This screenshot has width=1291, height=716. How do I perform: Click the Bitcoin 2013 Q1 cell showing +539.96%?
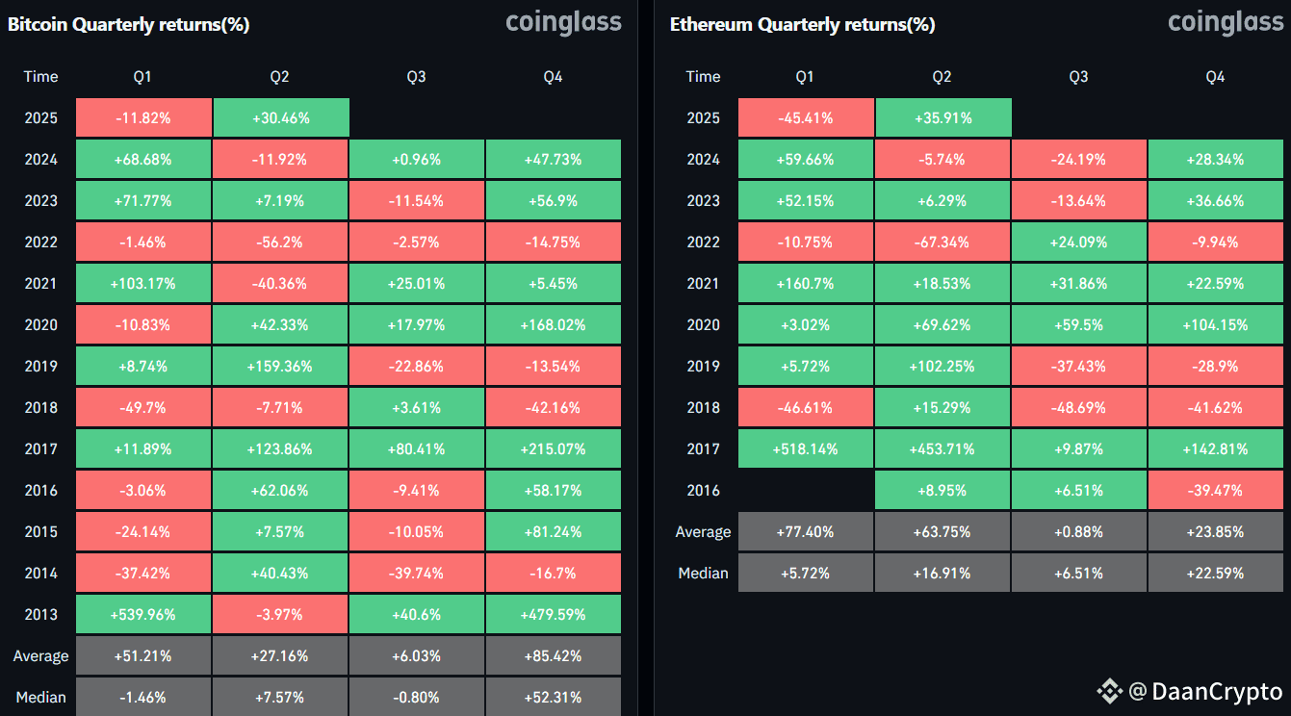(143, 614)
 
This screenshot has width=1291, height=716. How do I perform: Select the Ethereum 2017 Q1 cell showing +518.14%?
(806, 448)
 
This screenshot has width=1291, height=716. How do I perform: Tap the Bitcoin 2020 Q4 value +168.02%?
(554, 325)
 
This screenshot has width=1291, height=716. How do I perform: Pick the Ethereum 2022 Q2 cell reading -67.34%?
(942, 242)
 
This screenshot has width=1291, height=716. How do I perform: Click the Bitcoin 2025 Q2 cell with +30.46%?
(281, 117)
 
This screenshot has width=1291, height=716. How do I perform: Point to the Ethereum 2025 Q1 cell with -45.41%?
(806, 117)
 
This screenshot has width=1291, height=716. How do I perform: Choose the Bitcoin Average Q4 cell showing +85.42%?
(554, 655)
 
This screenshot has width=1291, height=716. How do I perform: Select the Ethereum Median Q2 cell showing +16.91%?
(942, 574)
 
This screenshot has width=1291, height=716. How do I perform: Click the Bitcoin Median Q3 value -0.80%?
(417, 697)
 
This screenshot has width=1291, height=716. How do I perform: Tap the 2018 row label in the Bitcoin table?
(41, 408)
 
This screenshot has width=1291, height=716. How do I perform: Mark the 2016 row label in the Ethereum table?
(703, 490)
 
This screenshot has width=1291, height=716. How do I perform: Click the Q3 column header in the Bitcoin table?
(416, 77)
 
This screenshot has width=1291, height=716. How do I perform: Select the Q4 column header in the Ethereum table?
(1215, 77)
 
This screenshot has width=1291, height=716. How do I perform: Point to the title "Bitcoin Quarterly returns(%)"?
(129, 25)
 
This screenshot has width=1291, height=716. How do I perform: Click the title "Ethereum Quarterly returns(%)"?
(802, 25)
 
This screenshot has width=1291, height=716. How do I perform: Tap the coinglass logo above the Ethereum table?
(1226, 22)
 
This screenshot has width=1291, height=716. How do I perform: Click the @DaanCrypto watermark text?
(1204, 691)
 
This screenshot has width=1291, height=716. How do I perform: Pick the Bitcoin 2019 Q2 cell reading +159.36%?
(280, 367)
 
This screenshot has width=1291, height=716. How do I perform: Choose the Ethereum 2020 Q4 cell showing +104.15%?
(1216, 325)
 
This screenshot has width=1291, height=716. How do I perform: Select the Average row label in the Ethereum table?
(703, 531)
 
